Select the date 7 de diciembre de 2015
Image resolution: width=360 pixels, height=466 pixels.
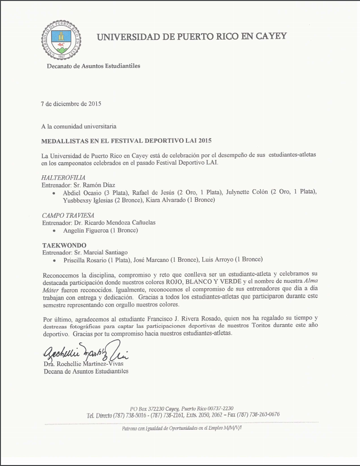(71, 104)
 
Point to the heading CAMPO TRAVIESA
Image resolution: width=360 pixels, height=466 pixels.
(68, 215)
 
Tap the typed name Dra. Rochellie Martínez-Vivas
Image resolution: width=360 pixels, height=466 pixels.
(86, 364)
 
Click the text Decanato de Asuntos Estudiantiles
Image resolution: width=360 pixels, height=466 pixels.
(93, 66)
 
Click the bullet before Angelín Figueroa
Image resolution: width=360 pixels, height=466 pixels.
(55, 231)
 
